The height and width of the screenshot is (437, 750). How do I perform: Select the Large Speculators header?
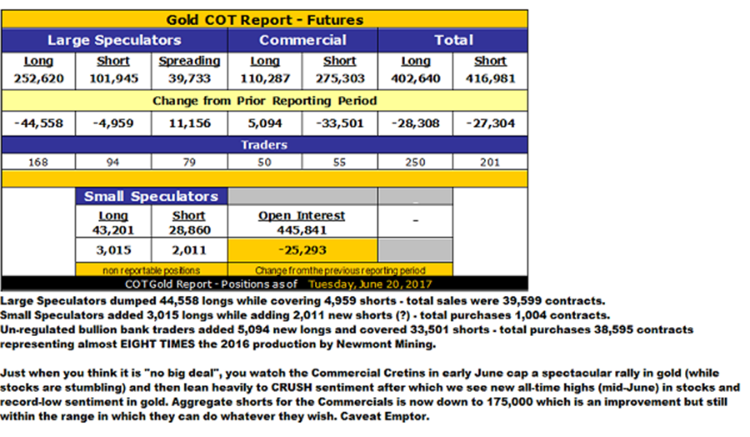coord(114,40)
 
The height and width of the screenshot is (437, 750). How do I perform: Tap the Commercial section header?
coord(302,40)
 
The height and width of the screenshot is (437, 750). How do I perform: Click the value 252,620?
coord(40,79)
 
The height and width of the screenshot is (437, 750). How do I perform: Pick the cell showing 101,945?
coord(114,79)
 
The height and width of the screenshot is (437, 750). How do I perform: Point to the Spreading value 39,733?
coord(189,79)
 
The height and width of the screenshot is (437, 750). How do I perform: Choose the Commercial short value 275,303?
coord(340,79)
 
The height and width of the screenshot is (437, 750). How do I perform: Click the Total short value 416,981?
coord(490,79)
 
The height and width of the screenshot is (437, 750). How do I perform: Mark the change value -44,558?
coord(40,123)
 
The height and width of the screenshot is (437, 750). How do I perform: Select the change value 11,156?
coord(189,123)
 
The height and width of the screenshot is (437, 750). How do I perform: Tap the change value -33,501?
coord(340,123)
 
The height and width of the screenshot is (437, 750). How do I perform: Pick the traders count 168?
coord(40,162)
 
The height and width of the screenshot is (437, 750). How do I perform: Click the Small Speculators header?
coord(151,197)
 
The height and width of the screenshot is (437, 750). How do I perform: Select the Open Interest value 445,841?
coord(302,229)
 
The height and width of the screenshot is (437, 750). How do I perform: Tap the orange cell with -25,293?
coord(302,250)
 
